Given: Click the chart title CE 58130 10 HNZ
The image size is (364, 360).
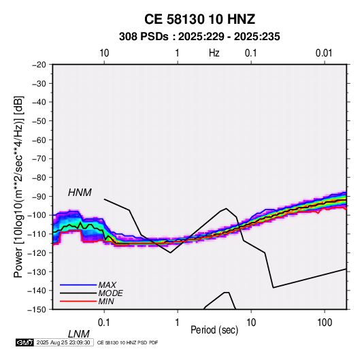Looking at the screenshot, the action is point(199,19).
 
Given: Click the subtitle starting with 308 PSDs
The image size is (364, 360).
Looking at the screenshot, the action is point(199,37).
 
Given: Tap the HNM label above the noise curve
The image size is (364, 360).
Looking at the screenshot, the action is point(80,193).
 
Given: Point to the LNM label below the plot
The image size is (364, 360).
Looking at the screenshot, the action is point(78,334).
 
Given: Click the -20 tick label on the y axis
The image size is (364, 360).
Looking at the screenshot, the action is point(39,65).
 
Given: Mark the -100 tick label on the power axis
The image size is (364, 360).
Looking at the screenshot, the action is point(37,215).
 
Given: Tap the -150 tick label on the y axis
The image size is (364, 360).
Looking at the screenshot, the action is point(37,310).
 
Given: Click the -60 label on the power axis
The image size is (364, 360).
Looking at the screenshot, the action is point(39,140).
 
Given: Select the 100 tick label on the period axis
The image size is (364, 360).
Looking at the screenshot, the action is point(325,323).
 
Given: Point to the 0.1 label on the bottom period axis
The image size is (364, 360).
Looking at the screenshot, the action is point(104,323).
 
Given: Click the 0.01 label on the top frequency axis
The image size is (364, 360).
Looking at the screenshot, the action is point(324,53).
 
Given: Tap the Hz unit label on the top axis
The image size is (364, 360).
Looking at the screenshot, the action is point(214,53).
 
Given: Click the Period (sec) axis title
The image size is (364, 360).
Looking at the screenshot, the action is point(214,330).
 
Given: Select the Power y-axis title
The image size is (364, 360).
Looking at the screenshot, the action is point(18,186).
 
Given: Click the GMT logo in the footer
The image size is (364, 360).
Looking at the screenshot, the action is point(25,342).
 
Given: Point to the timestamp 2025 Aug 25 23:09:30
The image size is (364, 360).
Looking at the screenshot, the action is point(63,342).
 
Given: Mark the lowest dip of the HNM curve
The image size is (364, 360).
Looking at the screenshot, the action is point(170,252).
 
